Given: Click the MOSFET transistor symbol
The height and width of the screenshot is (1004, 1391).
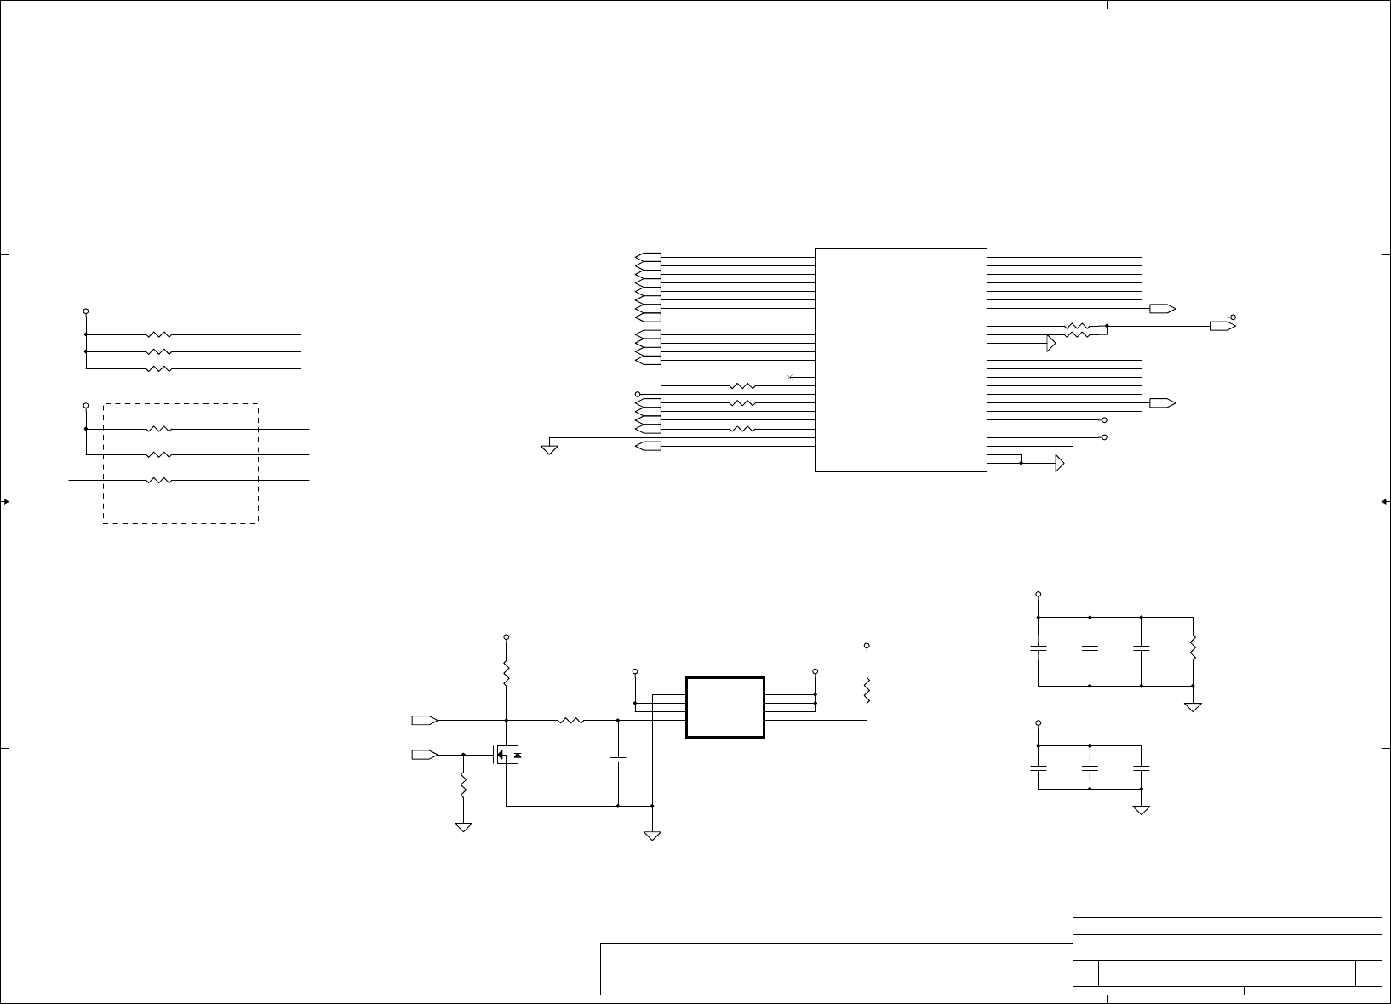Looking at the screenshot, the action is (x=507, y=754).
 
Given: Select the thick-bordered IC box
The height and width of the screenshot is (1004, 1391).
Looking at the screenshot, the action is (x=724, y=707).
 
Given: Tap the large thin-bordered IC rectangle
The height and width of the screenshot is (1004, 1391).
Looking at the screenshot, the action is (x=901, y=360).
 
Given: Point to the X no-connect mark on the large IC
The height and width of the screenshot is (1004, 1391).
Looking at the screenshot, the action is (x=790, y=377).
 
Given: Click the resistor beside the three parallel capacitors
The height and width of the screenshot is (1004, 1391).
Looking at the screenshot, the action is (x=1193, y=648).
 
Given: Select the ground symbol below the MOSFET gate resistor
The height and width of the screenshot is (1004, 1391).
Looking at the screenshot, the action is (x=463, y=826).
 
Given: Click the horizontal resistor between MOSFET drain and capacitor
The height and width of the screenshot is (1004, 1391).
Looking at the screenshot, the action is (x=571, y=721).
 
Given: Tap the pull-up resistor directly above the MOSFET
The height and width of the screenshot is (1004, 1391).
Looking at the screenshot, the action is (x=507, y=675).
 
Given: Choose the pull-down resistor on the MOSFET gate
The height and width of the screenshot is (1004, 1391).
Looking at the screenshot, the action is (x=463, y=784).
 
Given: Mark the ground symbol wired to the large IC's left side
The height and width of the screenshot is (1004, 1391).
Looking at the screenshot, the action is (x=549, y=448).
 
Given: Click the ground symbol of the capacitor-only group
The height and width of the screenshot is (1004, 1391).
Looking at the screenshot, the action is (x=1141, y=810).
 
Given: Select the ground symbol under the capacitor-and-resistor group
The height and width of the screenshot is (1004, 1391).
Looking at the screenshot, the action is (x=1193, y=707).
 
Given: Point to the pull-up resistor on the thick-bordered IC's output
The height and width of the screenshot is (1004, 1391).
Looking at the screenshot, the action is (x=867, y=691).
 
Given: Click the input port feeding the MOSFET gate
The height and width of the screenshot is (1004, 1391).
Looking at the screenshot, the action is (x=425, y=755).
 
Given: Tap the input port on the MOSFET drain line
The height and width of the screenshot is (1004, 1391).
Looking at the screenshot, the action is (x=425, y=721).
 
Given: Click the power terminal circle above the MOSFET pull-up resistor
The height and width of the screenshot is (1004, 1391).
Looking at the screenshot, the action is (x=507, y=636).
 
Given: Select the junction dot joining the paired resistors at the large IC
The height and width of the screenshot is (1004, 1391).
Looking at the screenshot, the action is (x=1107, y=326).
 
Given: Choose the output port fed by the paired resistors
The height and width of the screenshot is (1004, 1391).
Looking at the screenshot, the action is (x=1222, y=326).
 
